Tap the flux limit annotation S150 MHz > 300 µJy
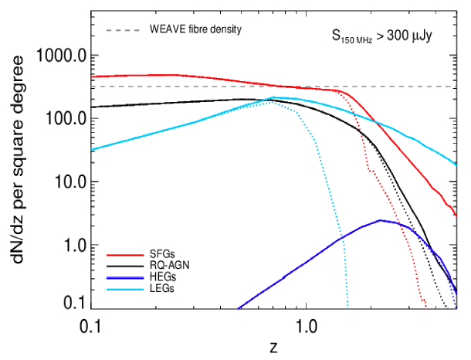click(x=381, y=35)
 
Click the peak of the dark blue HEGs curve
click(x=380, y=220)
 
